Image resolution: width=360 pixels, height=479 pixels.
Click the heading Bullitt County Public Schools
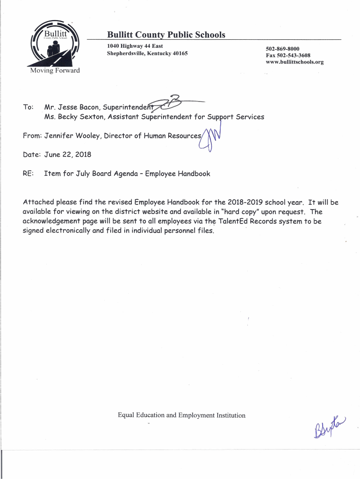166,35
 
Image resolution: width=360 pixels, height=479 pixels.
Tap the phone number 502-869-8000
282,49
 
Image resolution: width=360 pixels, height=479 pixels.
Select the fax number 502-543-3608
288,55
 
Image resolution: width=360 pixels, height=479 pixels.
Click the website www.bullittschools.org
295,62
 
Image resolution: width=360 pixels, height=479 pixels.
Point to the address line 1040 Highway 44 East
135,46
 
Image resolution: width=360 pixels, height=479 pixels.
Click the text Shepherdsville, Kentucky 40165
147,53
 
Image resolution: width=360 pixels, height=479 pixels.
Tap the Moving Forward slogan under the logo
55,71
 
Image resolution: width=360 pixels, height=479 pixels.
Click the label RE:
28,174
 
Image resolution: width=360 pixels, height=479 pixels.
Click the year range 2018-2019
245,203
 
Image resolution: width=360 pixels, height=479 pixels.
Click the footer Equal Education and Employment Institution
181,415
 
